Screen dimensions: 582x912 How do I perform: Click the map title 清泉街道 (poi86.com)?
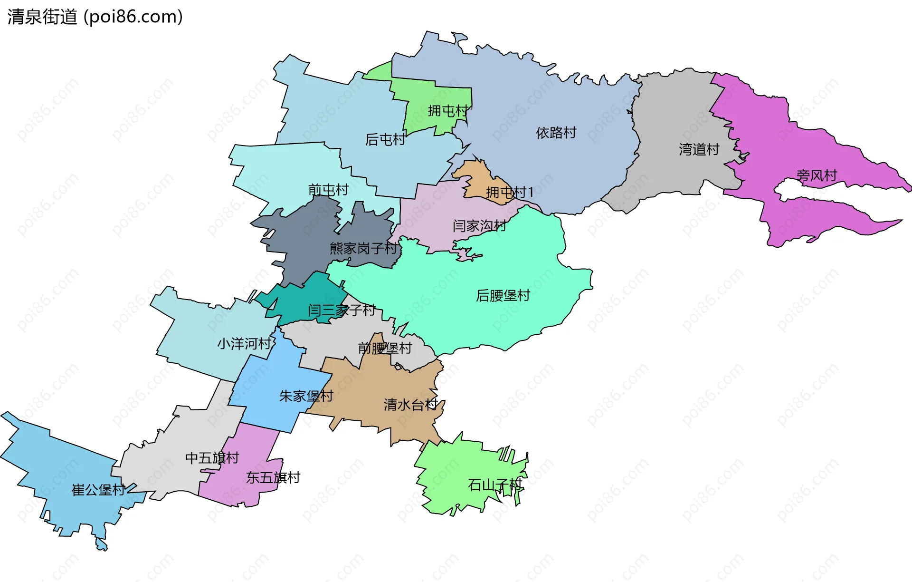pos(95,17)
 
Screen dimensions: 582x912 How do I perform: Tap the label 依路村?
pos(556,133)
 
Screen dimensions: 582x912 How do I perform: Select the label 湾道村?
pos(699,149)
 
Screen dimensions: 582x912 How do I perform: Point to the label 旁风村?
pos(817,175)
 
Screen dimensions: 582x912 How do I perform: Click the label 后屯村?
pos(385,139)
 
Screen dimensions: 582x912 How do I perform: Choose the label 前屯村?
pos(328,190)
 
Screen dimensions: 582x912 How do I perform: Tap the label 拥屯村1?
pos(510,192)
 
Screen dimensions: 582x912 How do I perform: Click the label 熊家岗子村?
pos(363,248)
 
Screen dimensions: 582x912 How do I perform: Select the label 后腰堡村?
pos(503,295)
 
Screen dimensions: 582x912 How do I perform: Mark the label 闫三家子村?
pos(342,310)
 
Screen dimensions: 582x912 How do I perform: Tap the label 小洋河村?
pos(244,343)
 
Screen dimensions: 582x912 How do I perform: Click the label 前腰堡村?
pos(385,348)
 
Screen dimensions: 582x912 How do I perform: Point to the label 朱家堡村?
pos(306,396)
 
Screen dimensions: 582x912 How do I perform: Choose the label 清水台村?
pos(410,405)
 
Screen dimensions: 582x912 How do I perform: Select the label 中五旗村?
pos(212,458)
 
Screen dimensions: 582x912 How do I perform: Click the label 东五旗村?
pos(273,477)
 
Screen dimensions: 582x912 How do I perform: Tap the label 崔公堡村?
pos(98,490)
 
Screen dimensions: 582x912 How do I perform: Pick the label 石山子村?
pos(495,485)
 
